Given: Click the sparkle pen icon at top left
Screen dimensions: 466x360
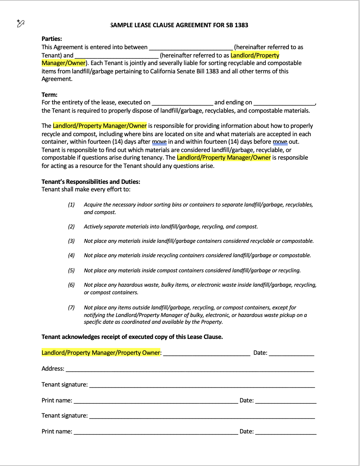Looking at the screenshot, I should coord(21,23).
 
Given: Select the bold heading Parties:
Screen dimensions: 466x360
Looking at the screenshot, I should coord(52,39).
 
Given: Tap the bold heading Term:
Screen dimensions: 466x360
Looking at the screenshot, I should coord(50,95).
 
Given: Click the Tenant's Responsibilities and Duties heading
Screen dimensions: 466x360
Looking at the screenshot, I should coord(91,182).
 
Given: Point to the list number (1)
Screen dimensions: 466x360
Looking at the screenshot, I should coord(71,205).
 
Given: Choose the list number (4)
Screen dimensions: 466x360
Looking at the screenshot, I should coord(71,255).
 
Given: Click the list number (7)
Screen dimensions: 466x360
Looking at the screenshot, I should coord(71,308).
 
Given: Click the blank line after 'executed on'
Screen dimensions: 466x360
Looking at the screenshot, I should coord(182,103).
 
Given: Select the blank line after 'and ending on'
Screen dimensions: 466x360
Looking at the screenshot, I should coord(284,103).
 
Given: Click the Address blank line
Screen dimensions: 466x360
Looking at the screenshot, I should coord(190,369).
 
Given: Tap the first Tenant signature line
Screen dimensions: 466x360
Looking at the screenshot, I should coord(202,385).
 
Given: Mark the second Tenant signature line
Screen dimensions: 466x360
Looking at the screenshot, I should coord(202,416).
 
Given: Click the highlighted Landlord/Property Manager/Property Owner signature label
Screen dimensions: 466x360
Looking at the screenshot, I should coord(101,353).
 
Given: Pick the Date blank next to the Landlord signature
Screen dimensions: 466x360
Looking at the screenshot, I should coord(292,353).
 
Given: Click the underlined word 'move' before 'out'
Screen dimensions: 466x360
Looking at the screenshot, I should coord(280,142).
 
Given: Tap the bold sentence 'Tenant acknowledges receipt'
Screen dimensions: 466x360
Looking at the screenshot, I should coord(132,337).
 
